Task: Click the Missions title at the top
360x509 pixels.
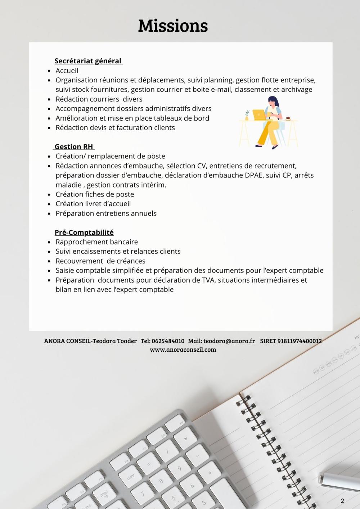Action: coord(173,26)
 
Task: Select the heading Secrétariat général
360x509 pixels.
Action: coord(88,61)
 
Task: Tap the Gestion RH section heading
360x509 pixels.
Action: coord(74,147)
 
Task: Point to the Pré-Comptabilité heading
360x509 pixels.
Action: coord(84,232)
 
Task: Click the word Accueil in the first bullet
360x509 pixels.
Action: coord(67,71)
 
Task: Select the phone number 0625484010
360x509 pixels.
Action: coord(168,341)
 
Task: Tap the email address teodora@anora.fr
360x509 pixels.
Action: coord(229,341)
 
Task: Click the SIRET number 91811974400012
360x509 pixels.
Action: coord(300,341)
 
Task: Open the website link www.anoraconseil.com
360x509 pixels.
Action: coord(183,350)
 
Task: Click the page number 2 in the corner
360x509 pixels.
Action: coord(342,501)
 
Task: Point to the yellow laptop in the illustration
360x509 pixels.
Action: coord(259,115)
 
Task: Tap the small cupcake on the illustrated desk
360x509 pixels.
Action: coord(288,118)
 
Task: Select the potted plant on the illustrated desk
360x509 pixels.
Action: coord(247,115)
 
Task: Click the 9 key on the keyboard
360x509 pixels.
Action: coord(179,468)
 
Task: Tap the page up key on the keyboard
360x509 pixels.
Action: coord(104,494)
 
